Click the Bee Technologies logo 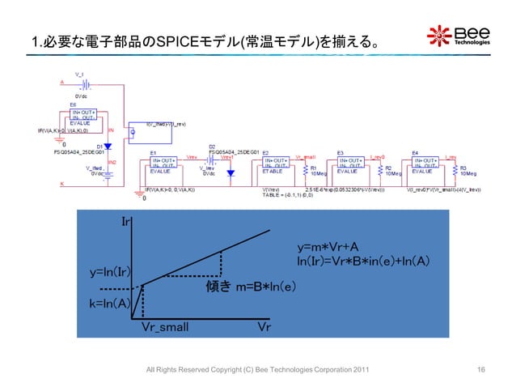[458, 36]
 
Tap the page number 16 [482, 370]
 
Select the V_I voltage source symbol [81, 83]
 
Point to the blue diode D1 [107, 147]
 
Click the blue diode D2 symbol [230, 172]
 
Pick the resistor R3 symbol [455, 170]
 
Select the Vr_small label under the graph [165, 326]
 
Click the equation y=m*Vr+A [331, 247]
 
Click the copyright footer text [257, 370]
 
